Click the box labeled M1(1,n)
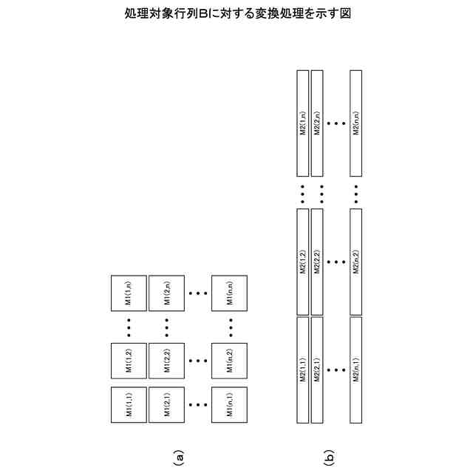(x=129, y=293)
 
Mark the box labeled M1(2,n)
(x=166, y=293)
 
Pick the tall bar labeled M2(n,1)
(x=356, y=370)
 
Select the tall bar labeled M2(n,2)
(x=356, y=262)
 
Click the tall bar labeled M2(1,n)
(x=302, y=123)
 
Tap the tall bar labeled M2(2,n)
(x=317, y=123)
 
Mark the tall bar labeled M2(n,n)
(x=356, y=123)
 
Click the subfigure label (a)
(x=177, y=457)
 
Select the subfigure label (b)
(x=329, y=457)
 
